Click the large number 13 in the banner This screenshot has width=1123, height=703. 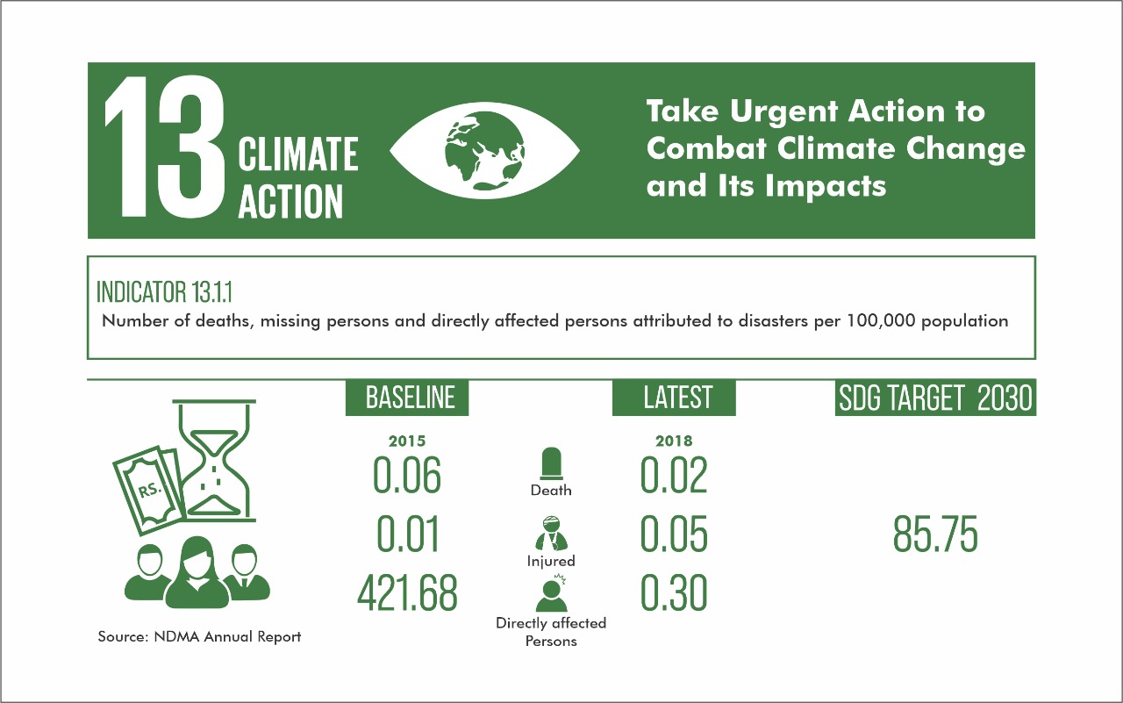[164, 147]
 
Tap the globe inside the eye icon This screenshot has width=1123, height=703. [485, 150]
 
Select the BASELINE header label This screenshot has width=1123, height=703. [407, 398]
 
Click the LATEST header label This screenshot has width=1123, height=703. [674, 398]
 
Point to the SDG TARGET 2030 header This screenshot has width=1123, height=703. [935, 397]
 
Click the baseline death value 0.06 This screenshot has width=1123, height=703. [407, 475]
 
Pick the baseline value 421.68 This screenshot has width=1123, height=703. [407, 592]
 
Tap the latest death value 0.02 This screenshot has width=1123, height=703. [674, 475]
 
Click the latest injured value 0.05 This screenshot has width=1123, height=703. [674, 534]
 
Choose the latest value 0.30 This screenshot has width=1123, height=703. [674, 592]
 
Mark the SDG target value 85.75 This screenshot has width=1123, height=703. [935, 534]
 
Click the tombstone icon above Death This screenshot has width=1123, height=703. [551, 463]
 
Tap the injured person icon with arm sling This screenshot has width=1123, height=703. [551, 534]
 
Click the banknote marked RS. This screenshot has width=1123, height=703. [149, 489]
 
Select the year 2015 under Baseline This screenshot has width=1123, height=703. [407, 441]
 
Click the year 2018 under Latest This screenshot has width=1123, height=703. [674, 441]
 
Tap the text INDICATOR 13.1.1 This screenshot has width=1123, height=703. [164, 292]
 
